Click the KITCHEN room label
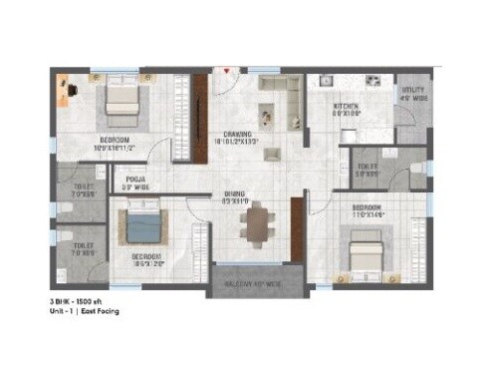[x=345, y=108]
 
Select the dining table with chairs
[x=256, y=224]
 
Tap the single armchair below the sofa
[x=268, y=124]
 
